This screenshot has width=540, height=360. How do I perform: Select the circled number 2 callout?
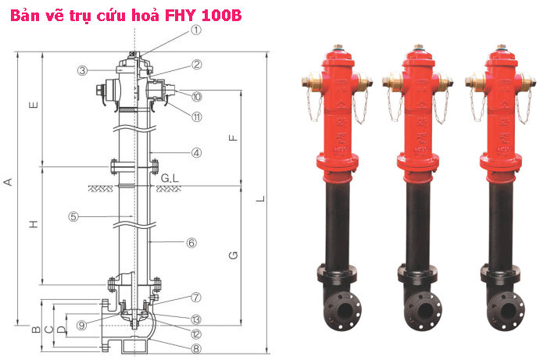coord(197,65)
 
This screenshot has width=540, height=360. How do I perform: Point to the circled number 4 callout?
coord(197,153)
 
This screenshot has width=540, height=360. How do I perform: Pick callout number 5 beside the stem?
coord(74,216)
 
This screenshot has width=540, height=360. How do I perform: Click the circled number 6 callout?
coord(191,242)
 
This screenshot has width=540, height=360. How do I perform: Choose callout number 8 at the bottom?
coord(196,349)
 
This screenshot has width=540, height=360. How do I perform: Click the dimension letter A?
coord(9,182)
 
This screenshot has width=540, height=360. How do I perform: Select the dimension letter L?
coord(262,198)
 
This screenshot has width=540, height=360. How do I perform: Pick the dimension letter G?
coord(232,255)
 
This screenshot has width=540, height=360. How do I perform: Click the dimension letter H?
coord(34,226)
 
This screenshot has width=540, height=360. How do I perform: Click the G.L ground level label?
coord(171,180)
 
